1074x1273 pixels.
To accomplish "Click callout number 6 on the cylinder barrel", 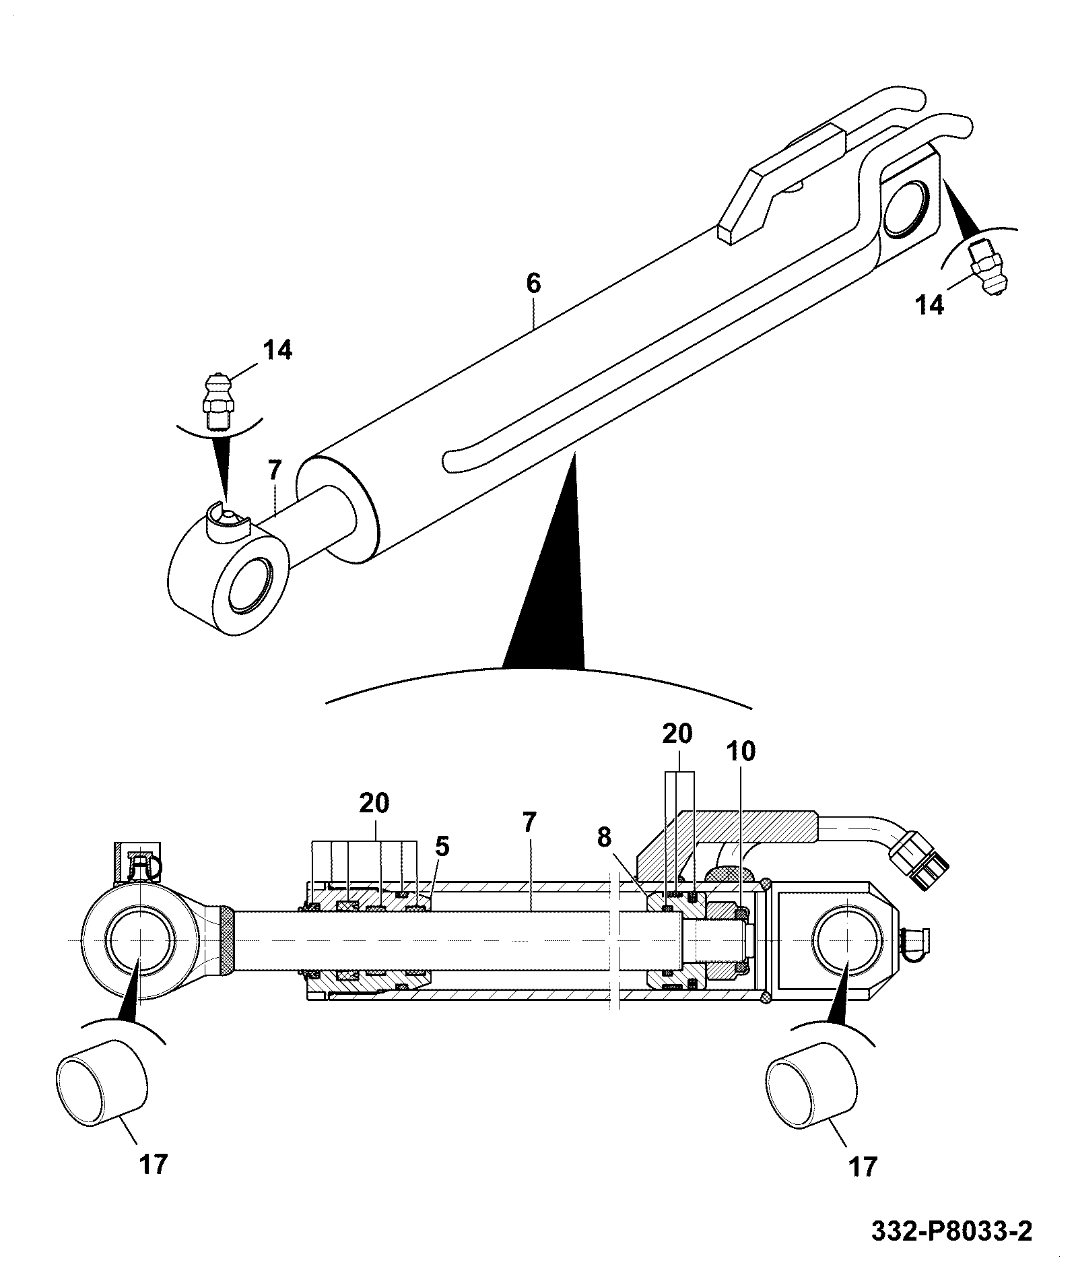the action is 533,284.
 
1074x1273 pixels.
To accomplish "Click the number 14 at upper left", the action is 277,350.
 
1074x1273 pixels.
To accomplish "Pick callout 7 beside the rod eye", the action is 274,471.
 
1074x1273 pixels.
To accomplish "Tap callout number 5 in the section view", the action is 442,847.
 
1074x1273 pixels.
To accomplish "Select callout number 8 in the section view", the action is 604,837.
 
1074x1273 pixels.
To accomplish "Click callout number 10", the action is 741,751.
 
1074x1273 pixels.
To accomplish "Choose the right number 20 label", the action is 677,733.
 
